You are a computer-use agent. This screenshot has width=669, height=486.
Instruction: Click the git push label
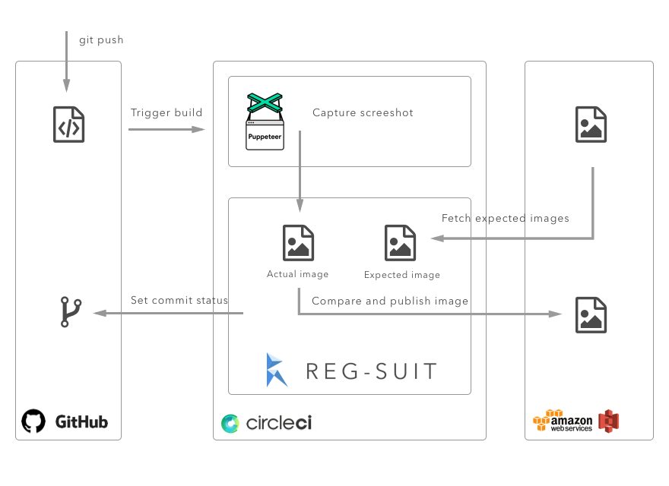coord(101,39)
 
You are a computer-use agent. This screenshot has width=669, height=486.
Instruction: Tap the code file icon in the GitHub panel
coord(68,125)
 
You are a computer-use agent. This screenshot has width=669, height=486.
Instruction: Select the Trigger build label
coord(166,112)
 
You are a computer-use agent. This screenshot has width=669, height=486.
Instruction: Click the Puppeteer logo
coord(265,121)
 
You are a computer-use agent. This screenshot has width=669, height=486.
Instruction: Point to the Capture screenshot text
coord(363,112)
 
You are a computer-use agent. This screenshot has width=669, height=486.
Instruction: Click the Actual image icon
coord(298,243)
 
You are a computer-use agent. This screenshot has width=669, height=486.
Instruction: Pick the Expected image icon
coord(400,243)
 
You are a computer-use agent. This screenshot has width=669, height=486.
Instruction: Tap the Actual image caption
coord(297,274)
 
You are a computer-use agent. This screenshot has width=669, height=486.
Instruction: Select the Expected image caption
coord(401,275)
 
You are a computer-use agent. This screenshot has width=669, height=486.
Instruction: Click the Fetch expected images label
coord(505,218)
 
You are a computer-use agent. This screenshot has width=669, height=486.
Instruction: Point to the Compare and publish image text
coord(390,301)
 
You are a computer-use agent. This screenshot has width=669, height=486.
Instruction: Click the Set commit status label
coord(179,300)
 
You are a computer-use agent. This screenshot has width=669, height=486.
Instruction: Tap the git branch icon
coord(70,312)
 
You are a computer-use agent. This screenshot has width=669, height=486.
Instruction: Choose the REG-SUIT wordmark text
coord(371,371)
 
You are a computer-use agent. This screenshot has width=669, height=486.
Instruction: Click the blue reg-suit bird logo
coord(277,370)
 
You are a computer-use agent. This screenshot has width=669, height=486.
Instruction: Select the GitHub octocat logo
coord(33,421)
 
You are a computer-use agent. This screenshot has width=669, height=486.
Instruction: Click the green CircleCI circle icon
coord(230,423)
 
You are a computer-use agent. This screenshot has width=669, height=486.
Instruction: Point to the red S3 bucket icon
coord(609,421)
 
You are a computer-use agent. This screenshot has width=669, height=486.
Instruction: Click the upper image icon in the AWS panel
coord(591,125)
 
